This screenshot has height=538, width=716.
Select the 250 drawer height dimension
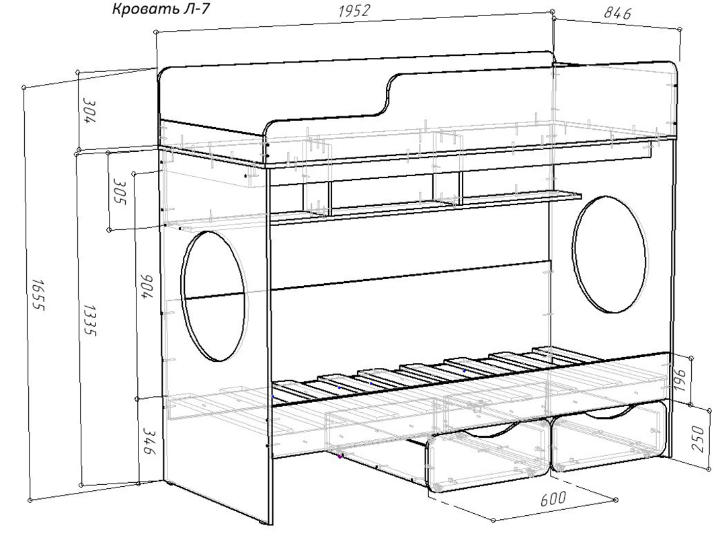[x=705, y=438]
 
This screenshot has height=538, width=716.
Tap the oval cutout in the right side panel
[x=610, y=254]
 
